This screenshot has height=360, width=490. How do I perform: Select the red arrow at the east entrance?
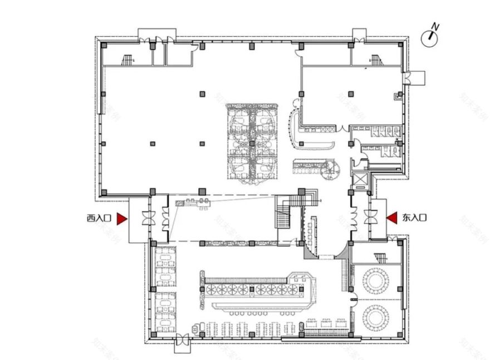(392, 218)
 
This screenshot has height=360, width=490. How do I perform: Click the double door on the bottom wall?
(182, 340)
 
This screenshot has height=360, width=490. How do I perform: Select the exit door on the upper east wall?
(409, 79)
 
